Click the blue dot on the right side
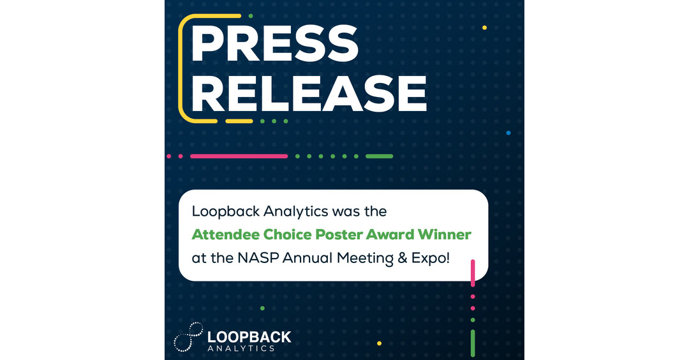tap(508, 133)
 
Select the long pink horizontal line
tap(239, 156)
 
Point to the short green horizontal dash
tap(379, 156)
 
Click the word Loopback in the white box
tap(220, 211)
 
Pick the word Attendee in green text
tap(221, 234)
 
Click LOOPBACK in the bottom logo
tap(249, 336)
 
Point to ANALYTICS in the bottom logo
tap(241, 349)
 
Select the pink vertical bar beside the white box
tap(473, 273)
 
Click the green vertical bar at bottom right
tap(473, 343)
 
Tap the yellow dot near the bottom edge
tap(379, 343)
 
